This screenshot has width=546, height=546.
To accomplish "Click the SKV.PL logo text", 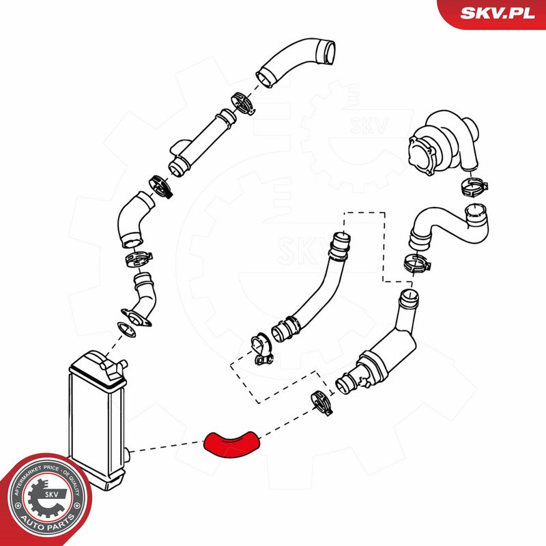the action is point(498,13).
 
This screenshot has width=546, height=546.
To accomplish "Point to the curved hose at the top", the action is point(296,62).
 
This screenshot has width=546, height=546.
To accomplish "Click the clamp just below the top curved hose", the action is point(244,103).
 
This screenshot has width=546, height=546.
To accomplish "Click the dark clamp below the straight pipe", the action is point(160,186).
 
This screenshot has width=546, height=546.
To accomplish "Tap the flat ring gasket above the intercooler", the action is point(126,329).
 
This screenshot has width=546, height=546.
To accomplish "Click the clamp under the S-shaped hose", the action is point(417,263).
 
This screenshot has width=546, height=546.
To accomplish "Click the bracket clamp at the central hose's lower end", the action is point(261,349).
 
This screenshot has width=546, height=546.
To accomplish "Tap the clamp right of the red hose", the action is point(321,403).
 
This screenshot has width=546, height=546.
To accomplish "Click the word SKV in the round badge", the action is point(51,493).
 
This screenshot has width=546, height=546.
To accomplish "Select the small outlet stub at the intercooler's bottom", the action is point(126,454).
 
